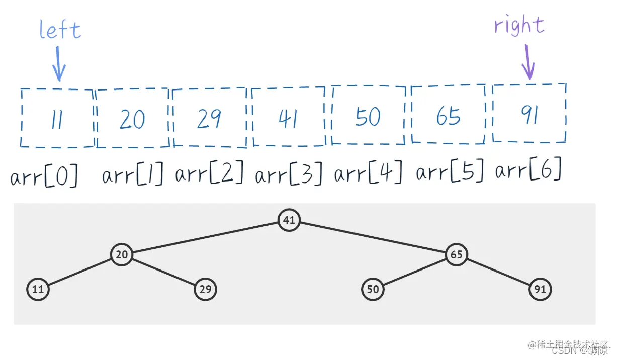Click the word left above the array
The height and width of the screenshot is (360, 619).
tap(60, 30)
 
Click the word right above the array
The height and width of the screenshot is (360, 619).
tap(519, 25)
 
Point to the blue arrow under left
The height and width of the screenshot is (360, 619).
tap(59, 63)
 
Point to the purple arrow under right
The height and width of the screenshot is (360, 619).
tap(527, 62)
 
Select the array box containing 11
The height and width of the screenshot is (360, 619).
tap(57, 118)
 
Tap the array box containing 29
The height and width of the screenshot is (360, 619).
tap(209, 118)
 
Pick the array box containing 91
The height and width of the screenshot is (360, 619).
tap(529, 114)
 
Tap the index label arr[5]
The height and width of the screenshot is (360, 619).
tap(450, 173)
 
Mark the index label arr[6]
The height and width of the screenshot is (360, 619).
tap(528, 171)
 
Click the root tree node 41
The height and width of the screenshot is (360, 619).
tap(289, 220)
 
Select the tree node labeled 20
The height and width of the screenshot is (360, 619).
tap(122, 254)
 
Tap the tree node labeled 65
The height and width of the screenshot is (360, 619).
tap(456, 254)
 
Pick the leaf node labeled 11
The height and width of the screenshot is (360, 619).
tap(38, 289)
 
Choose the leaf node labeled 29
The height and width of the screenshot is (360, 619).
tap(205, 289)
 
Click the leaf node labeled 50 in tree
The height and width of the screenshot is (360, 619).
tap(373, 289)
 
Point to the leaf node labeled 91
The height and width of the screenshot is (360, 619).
tap(540, 289)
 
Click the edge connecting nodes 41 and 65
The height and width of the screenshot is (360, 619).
tap(372, 237)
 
